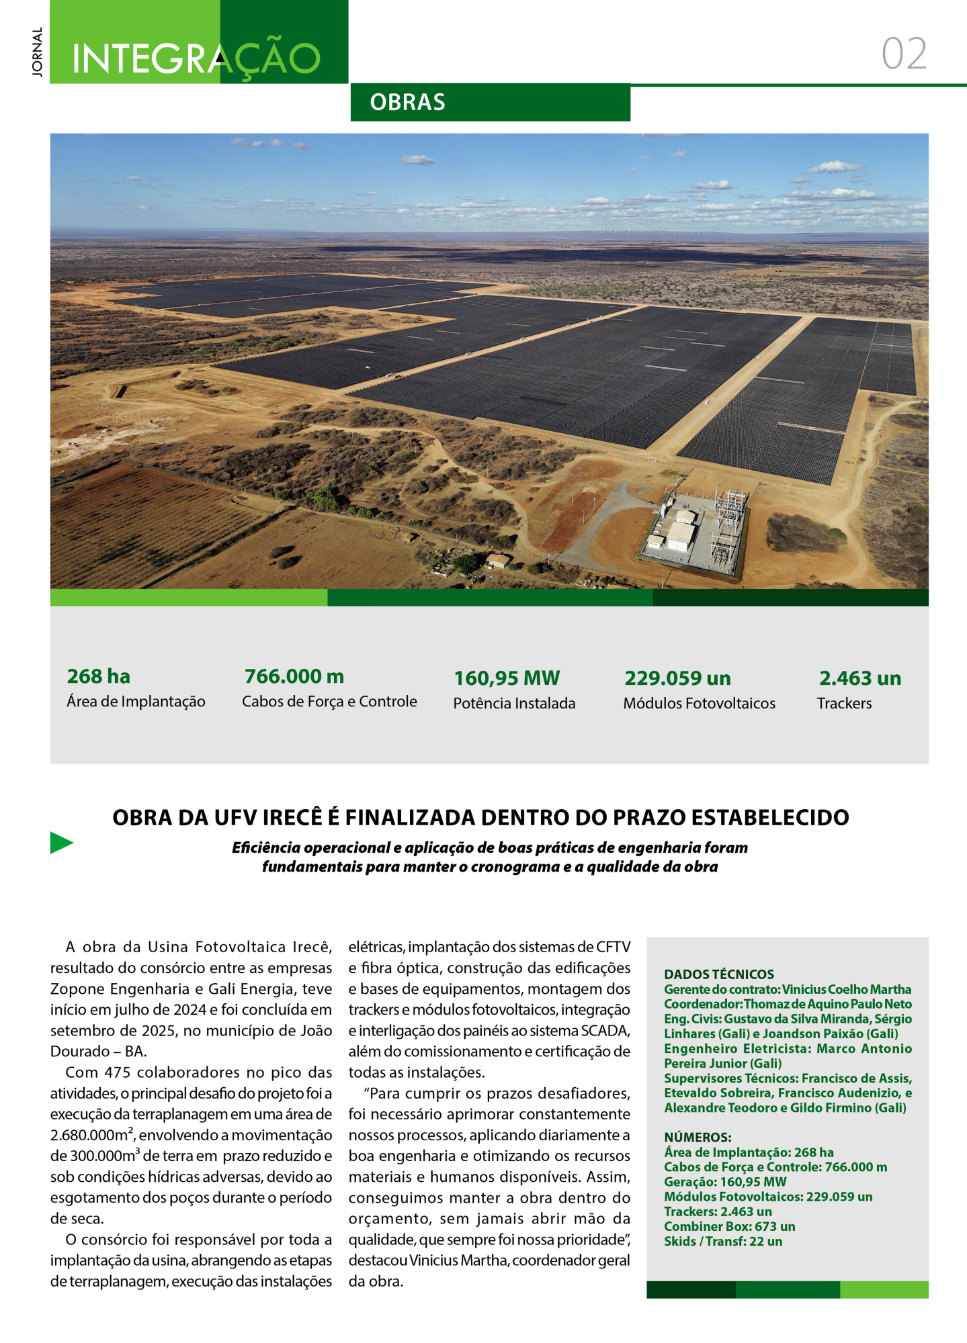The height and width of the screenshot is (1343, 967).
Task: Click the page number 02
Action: click(x=904, y=54)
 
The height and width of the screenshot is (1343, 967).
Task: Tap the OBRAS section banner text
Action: click(x=407, y=102)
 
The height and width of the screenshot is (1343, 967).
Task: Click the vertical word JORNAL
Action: click(x=37, y=52)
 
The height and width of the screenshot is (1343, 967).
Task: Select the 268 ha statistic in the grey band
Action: click(x=99, y=676)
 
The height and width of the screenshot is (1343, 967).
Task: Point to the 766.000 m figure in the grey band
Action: click(x=294, y=676)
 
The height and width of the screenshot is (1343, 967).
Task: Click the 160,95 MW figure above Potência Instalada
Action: click(x=507, y=678)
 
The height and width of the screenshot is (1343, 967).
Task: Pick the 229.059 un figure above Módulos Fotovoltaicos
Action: click(x=677, y=678)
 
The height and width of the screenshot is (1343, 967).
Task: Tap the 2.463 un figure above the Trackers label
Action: click(x=860, y=678)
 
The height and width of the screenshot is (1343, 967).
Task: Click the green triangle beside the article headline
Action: click(x=60, y=843)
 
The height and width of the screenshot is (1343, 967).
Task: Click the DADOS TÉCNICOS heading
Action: click(x=719, y=974)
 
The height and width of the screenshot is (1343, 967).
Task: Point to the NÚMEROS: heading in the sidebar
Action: click(x=698, y=1137)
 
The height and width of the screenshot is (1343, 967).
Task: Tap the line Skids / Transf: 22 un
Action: click(x=723, y=1241)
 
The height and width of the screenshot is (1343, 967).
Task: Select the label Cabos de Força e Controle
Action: click(x=329, y=702)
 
